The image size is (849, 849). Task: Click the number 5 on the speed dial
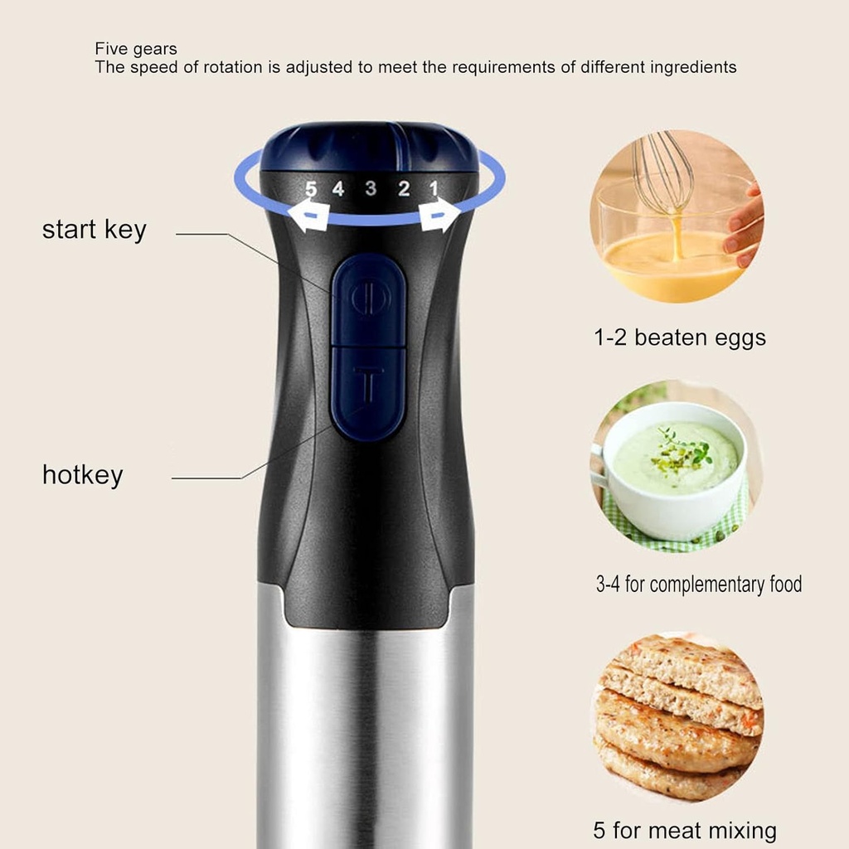tap(311, 189)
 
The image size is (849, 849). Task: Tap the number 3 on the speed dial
tap(371, 188)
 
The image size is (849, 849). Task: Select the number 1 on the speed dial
tap(433, 189)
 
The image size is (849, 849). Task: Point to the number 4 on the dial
tap(338, 189)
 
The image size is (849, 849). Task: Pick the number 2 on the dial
tap(403, 189)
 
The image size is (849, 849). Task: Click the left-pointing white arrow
tap(305, 216)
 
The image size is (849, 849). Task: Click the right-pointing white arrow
tap(439, 216)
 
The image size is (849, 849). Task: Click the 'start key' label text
tap(94, 230)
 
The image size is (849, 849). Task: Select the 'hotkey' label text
tap(82, 475)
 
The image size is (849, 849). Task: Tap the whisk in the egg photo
tap(663, 174)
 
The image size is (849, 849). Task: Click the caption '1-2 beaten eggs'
tap(680, 337)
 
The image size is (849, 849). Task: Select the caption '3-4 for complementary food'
tap(699, 585)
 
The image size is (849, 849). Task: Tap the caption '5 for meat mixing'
tap(685, 830)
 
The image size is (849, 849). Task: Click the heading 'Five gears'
tap(136, 49)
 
